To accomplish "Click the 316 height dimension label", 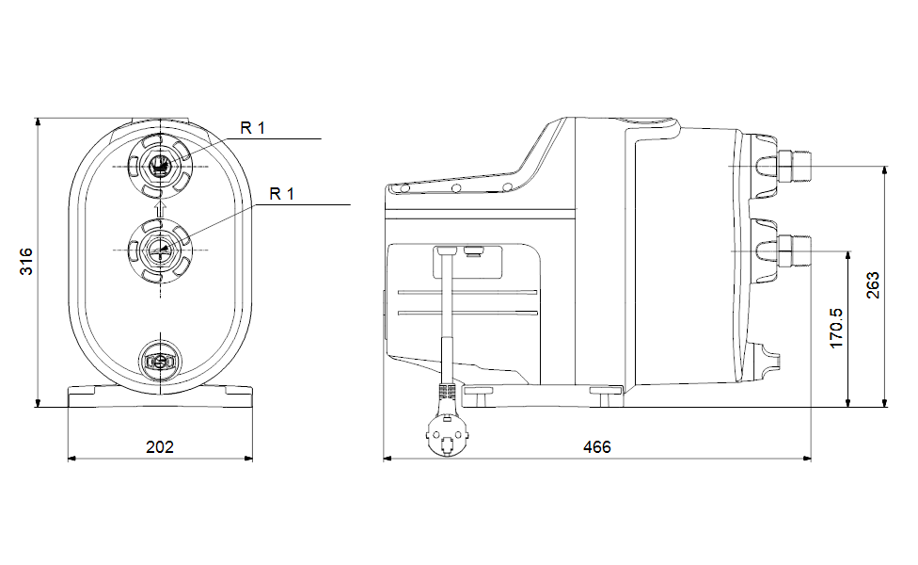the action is (26, 262).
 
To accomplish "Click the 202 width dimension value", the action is (160, 447).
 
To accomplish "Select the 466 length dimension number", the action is (597, 447).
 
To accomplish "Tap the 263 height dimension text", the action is (872, 285).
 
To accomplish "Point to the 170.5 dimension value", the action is (836, 329).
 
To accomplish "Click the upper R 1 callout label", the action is (252, 128).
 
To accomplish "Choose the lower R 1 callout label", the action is (281, 194).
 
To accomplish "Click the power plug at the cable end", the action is (448, 432).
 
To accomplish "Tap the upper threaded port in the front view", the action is (160, 167).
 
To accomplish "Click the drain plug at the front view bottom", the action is (160, 361).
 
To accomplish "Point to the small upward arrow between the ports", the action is (160, 209).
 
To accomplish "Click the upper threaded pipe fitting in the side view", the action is (793, 167).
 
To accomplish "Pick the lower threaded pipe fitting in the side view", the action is (793, 251).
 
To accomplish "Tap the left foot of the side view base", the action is (478, 395).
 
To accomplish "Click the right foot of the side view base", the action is (606, 395).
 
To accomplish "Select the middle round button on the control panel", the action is (456, 188).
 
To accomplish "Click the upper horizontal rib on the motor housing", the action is (467, 292).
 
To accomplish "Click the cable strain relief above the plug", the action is (446, 392).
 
